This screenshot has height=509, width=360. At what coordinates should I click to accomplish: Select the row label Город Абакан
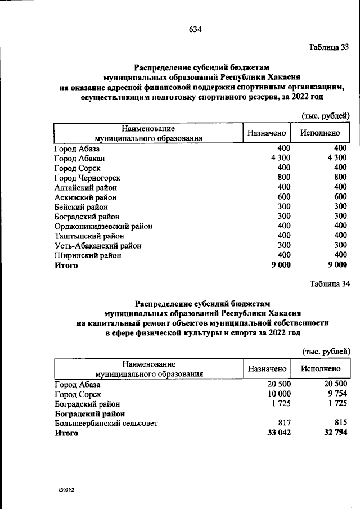pos(79,159)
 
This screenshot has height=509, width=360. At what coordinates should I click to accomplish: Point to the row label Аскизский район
pos(85,197)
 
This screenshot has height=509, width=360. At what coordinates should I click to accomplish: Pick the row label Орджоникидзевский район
pos(103,226)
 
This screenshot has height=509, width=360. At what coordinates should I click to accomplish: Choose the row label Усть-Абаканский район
pos(97,246)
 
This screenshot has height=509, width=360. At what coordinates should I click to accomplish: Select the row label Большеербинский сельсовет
pos(106,423)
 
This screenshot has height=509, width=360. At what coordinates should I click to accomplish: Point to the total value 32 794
pos(334,433)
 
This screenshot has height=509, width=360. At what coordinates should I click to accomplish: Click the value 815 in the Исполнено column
pos(340,423)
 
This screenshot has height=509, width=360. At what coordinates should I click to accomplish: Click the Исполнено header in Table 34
pos(321,369)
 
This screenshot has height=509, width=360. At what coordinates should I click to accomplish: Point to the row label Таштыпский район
pos(88,236)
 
